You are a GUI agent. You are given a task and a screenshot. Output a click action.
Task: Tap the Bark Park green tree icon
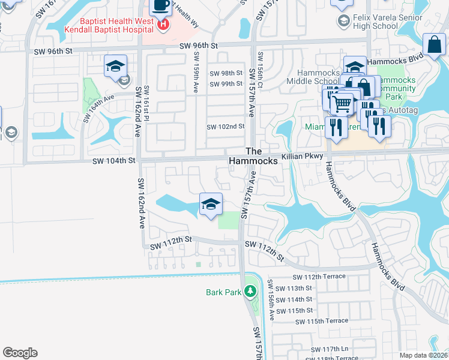point(250,292)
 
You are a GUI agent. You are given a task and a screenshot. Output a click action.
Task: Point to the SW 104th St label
point(115,161)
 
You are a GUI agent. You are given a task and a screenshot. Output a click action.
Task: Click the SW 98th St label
point(226,73)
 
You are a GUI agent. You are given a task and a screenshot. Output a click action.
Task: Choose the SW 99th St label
point(226,84)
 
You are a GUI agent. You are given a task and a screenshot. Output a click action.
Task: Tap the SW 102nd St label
point(226,127)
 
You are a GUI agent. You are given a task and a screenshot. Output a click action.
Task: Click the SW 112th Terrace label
point(319,277)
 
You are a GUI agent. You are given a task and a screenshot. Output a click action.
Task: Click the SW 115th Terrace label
point(321,321)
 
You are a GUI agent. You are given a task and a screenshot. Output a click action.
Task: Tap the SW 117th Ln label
point(330,349)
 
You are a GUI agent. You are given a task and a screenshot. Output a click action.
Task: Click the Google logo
point(20,353)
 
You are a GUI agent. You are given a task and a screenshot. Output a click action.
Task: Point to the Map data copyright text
point(423,354)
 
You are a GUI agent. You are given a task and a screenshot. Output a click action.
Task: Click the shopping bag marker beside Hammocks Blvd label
point(433,45)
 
